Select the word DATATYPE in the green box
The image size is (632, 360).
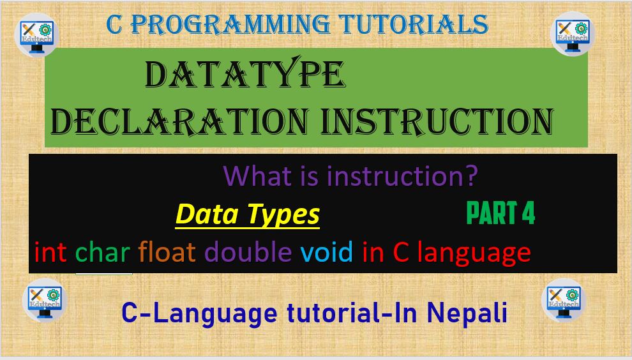click(x=245, y=76)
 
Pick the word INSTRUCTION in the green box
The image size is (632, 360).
click(x=437, y=121)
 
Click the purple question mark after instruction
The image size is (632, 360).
click(x=470, y=176)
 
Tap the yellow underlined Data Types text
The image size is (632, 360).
click(x=247, y=214)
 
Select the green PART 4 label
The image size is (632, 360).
click(x=500, y=214)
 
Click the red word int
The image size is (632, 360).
click(x=50, y=253)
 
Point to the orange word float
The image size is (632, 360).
click(x=167, y=253)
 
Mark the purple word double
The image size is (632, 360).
click(x=248, y=253)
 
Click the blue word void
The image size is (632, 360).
click(x=326, y=253)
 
